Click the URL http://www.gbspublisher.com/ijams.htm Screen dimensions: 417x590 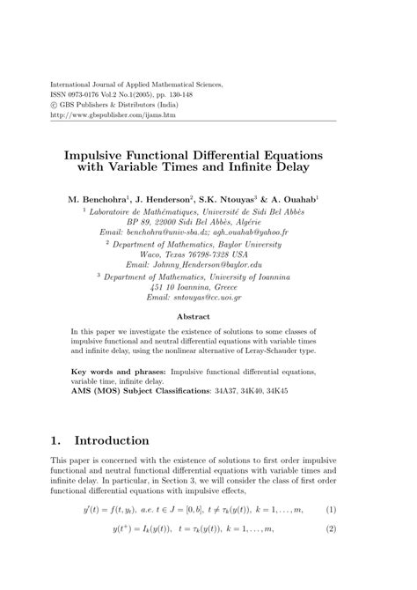tap(101, 114)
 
